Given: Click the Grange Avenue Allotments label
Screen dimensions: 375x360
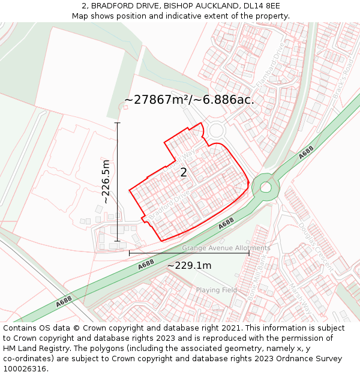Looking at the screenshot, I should [x=226, y=248].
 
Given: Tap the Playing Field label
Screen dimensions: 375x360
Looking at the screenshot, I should [x=217, y=290].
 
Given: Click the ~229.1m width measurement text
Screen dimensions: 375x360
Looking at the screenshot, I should [x=189, y=266].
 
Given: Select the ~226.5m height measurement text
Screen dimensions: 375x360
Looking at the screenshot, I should [x=106, y=182].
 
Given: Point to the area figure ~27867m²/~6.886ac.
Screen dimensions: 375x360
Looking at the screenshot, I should [x=189, y=100].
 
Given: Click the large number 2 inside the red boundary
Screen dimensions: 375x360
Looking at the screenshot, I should [x=184, y=172].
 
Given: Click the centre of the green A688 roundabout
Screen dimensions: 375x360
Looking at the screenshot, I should [x=265, y=187].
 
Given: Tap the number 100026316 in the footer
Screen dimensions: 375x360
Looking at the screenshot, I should [x=26, y=368].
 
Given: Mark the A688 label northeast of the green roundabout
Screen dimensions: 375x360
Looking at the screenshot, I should [x=306, y=154].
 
